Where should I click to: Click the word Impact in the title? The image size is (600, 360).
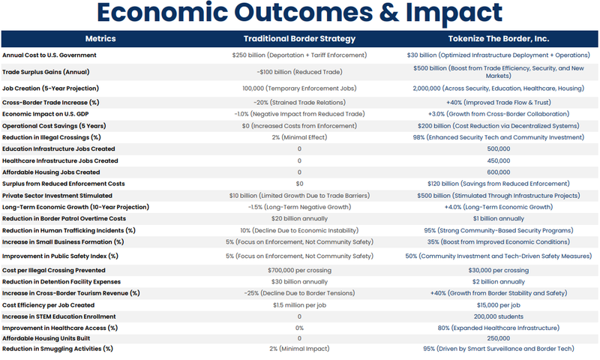coord(447,13)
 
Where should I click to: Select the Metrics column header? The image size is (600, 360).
coord(100,38)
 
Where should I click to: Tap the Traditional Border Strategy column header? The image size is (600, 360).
coord(299,38)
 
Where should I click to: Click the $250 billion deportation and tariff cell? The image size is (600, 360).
coord(299,55)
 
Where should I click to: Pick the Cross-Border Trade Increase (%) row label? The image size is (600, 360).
coord(51,102)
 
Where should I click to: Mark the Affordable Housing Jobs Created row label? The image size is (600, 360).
coord(51,172)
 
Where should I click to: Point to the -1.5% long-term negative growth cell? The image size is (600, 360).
coord(299,206)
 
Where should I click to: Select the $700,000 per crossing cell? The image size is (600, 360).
coord(299,270)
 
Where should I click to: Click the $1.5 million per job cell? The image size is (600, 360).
coord(299,305)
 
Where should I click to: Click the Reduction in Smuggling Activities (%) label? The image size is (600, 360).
coord(58,349)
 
